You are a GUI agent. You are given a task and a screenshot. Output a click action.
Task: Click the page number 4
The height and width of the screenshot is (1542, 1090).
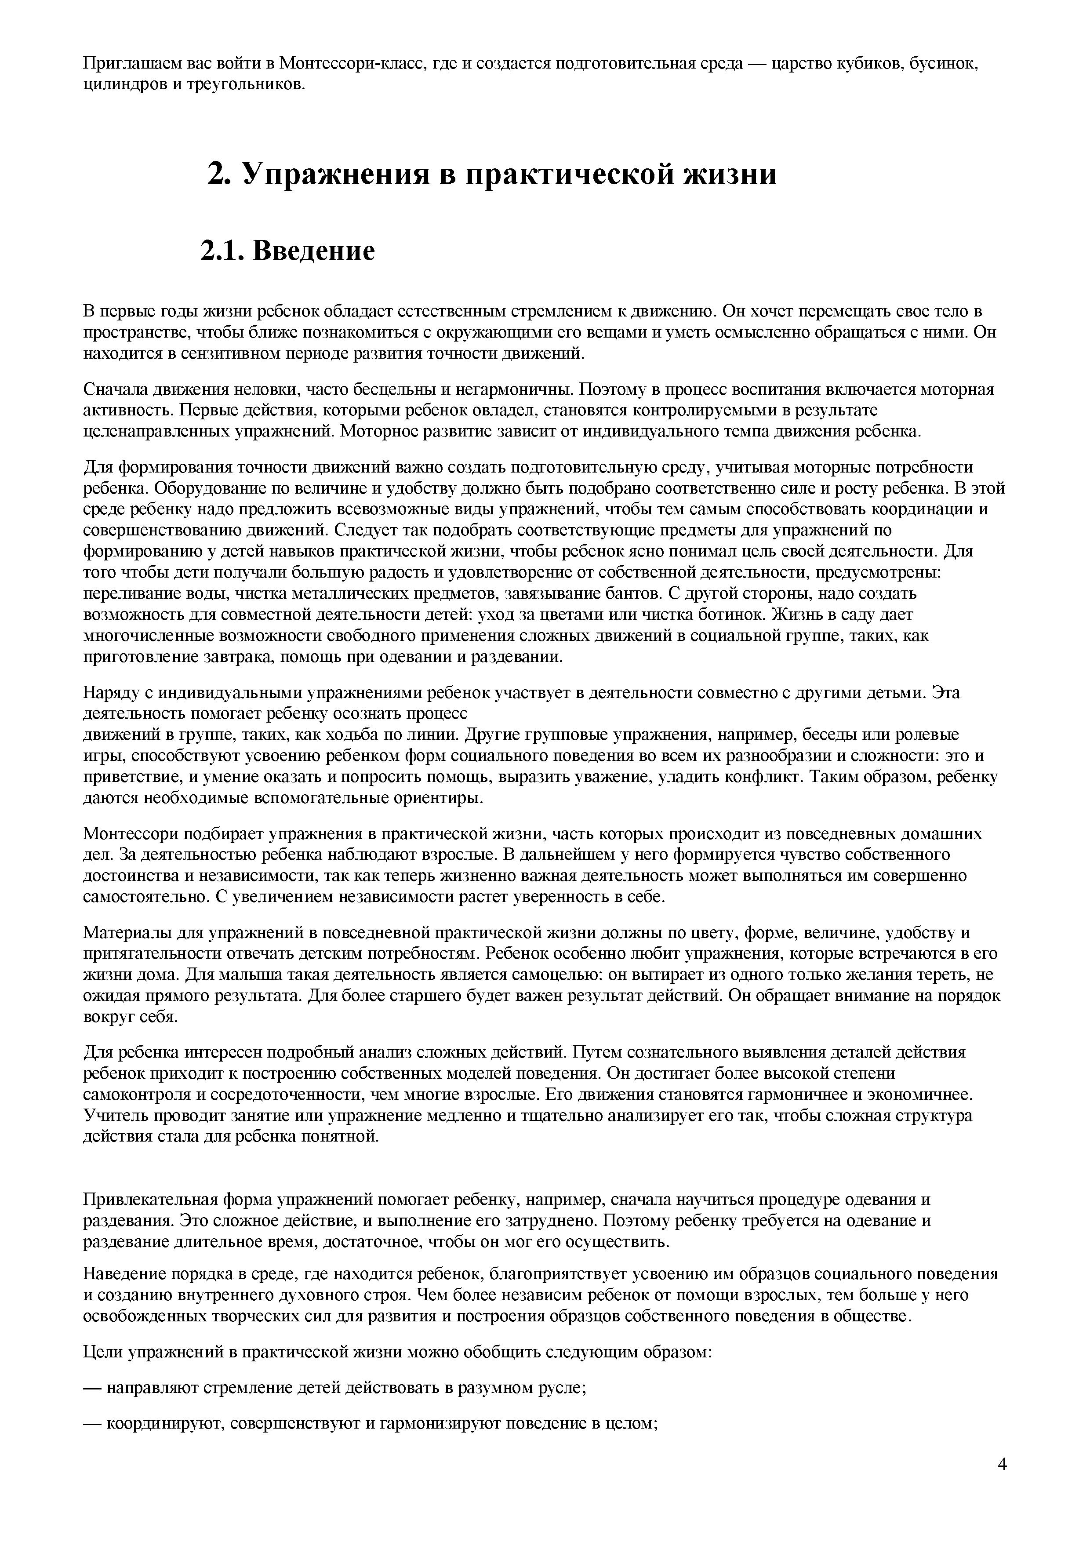click(x=1002, y=1479)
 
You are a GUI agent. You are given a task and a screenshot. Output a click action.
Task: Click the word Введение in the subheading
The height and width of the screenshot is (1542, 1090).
click(x=314, y=251)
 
